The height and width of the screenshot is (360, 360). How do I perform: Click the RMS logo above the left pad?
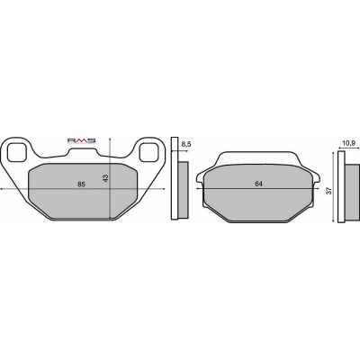coord(81,140)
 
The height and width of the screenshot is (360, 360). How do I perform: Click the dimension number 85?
coord(81,184)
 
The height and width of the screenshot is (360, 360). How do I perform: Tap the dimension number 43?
coord(105,178)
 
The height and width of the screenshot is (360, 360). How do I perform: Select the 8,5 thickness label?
coord(186,145)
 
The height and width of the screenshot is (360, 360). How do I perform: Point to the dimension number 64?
coord(258,184)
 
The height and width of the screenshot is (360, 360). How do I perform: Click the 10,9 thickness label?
coord(348,143)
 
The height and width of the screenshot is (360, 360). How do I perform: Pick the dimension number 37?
coord(329,191)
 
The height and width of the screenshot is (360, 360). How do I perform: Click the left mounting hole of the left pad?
coord(16,152)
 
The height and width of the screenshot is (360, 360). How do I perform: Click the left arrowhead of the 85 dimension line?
coord(2,188)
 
